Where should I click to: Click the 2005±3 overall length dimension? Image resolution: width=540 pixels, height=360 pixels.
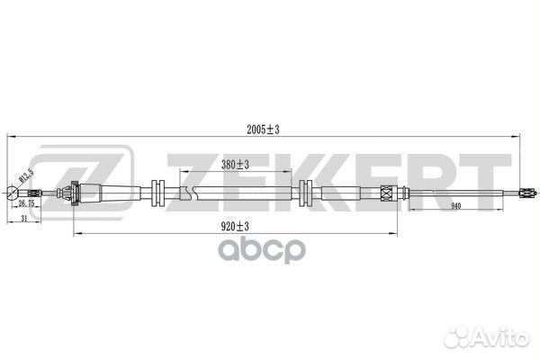coord(263,130)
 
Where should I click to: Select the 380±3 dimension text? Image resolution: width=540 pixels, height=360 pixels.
coord(235,165)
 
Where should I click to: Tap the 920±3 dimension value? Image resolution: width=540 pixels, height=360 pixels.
coord(235,226)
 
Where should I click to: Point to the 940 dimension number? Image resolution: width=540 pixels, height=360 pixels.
coord(455,206)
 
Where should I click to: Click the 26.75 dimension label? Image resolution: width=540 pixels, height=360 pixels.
coord(26,203)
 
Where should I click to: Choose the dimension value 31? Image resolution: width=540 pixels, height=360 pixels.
coord(23,218)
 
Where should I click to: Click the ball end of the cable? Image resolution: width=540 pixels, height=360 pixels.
coord(13,193)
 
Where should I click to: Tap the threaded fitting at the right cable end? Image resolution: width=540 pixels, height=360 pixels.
coord(527,193)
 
